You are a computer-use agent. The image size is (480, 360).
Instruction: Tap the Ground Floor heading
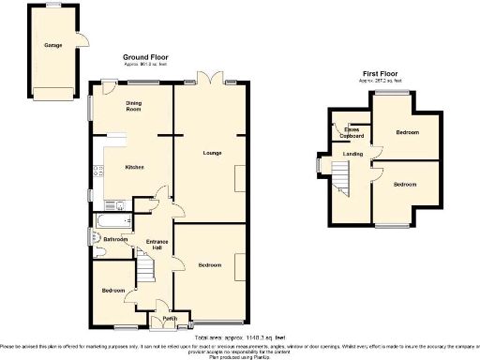145,57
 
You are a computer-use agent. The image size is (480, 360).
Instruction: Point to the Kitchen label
134,168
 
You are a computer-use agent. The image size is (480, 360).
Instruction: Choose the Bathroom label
115,239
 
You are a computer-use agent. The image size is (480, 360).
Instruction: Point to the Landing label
352,153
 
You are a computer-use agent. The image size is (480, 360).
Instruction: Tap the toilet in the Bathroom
97,236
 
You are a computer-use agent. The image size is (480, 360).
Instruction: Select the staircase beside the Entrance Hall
145,271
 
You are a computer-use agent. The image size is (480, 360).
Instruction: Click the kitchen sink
95,170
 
